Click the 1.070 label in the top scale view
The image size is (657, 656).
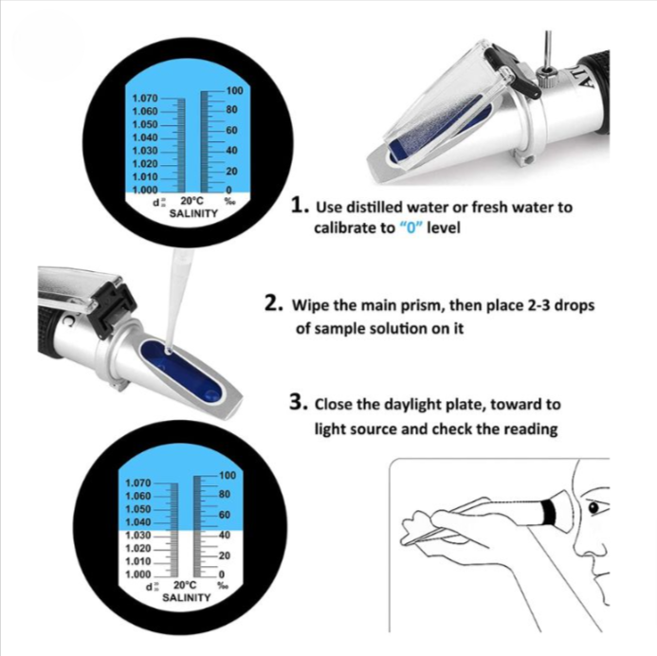[x=145, y=98]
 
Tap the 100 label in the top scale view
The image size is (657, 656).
[x=235, y=90]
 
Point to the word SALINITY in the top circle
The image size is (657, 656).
[x=193, y=213]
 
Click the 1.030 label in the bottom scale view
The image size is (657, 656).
[x=137, y=535]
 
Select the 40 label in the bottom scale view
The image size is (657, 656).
[x=225, y=535]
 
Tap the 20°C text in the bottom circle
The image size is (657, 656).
[x=185, y=585]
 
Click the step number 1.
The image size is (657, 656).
[x=300, y=206]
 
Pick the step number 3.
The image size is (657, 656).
[x=299, y=402]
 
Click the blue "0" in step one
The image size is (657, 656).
[x=411, y=228]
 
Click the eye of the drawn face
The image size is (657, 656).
[x=593, y=508]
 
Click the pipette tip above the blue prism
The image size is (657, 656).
[x=169, y=350]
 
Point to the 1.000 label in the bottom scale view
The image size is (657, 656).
[x=137, y=574]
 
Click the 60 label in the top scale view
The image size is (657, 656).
[x=231, y=130]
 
